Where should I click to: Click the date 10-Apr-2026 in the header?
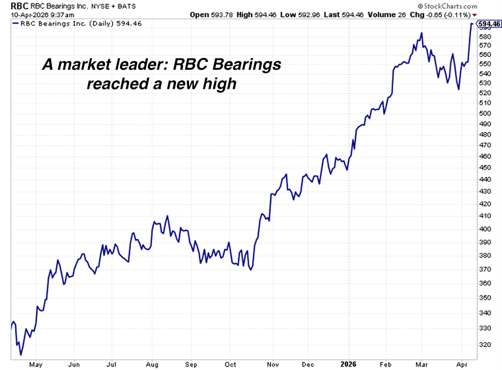coord(23,14)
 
